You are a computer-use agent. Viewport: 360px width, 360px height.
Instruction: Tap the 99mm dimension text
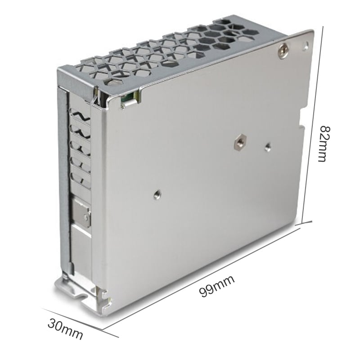tap(216, 286)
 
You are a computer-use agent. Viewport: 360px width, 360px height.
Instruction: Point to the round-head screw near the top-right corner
tap(283, 50)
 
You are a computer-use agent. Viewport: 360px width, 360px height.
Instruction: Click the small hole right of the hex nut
tap(267, 147)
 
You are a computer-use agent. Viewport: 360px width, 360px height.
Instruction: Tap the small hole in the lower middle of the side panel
tap(157, 195)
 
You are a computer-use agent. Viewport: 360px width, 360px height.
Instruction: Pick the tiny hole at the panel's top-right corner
tap(306, 45)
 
